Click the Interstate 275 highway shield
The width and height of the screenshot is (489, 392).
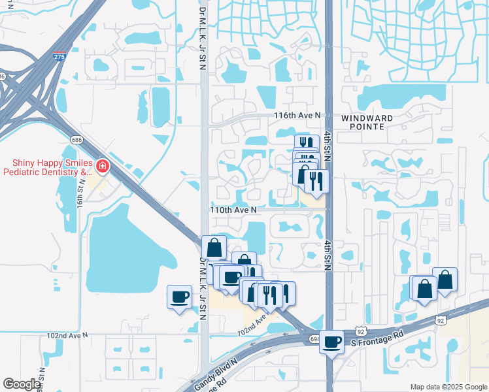tap(59, 57)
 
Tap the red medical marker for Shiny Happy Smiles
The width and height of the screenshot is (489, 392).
tap(101, 167)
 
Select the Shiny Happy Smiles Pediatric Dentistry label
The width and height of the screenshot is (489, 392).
tap(50, 167)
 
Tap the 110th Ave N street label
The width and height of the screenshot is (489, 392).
tap(233, 210)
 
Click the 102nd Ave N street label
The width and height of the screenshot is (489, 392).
tap(67, 335)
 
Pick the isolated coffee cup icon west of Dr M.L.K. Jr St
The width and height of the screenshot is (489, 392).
tap(180, 297)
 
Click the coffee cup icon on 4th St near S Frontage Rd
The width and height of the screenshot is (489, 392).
tap(332, 341)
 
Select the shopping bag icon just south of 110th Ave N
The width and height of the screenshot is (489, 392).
tap(214, 248)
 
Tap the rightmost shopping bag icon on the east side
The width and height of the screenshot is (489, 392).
tap(445, 279)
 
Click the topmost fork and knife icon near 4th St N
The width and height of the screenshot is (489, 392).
tap(304, 142)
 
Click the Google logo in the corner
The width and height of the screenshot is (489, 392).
tap(22, 384)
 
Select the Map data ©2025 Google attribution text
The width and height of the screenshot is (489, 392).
tap(448, 387)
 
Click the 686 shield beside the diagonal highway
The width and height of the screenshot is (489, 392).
tap(76, 140)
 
